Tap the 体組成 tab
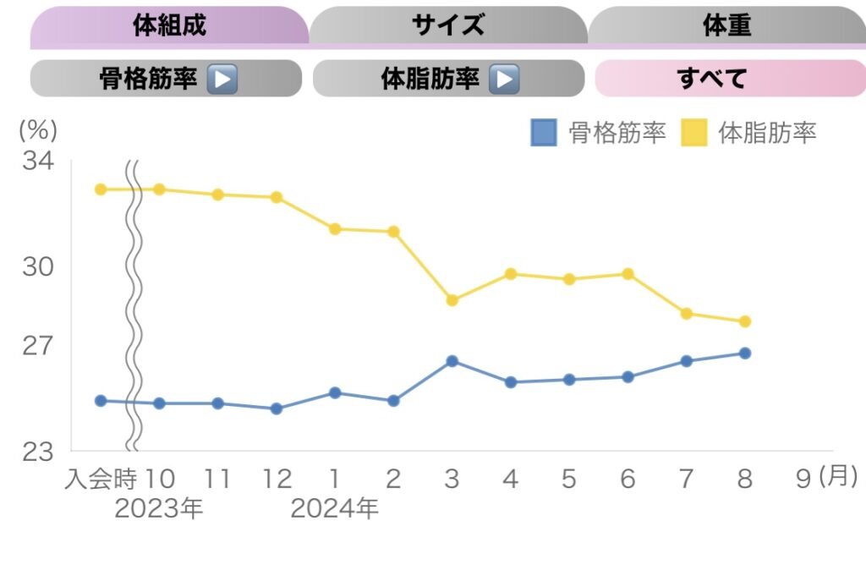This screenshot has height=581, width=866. tap(169, 25)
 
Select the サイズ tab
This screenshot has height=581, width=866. tap(448, 25)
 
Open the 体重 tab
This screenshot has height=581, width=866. tap(726, 25)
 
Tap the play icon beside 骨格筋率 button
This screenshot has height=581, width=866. tap(222, 79)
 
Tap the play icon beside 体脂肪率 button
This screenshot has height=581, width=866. tap(505, 79)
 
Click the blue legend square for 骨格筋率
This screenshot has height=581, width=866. tap(544, 133)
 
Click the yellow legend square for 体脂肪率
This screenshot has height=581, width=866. tap(694, 133)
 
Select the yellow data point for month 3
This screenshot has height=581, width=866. tap(452, 300)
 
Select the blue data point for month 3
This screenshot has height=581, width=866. tap(452, 361)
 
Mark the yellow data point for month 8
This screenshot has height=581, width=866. tap(745, 321)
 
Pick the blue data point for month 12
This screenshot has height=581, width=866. tap(276, 408)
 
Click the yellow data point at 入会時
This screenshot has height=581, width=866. tap(101, 189)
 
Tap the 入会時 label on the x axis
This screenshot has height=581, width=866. tap(101, 480)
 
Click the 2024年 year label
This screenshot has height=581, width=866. tap(334, 509)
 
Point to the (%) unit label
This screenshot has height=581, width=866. tap(37, 129)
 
